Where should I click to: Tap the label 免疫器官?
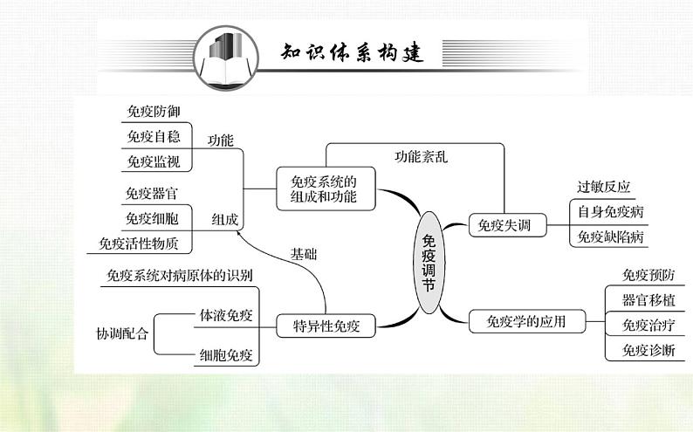coord(153,194)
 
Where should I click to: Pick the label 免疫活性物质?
coord(139,243)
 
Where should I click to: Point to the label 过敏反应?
coord(603,187)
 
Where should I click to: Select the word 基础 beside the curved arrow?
coord(304,254)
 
